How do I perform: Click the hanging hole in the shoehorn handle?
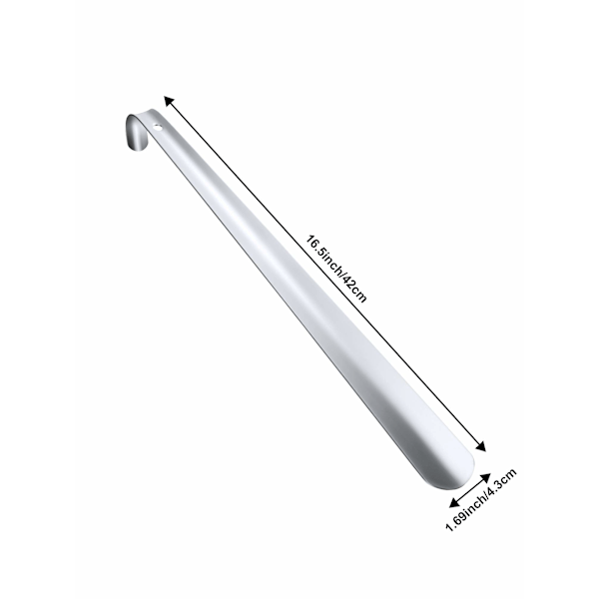tap(158, 127)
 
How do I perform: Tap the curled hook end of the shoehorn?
tap(136, 132)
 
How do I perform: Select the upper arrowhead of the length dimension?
tap(169, 101)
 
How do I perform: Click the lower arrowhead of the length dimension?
tap(480, 446)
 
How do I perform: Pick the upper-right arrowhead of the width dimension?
tap(485, 478)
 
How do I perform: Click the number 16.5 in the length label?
tap(314, 247)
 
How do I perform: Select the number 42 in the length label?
tap(348, 284)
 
